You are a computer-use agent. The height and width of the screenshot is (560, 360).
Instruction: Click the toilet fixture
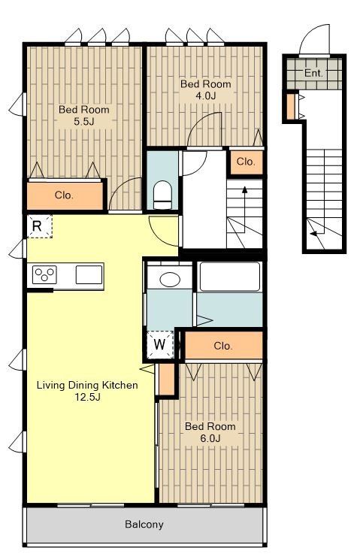click(x=162, y=195)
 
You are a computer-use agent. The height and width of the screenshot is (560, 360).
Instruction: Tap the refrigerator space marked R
click(x=39, y=226)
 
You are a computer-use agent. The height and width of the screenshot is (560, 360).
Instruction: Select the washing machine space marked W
click(x=160, y=344)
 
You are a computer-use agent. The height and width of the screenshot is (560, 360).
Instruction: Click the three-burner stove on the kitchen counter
click(x=44, y=275)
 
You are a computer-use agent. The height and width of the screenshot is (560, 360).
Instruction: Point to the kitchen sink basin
click(x=89, y=275)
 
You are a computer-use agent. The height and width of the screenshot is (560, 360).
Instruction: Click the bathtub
click(x=230, y=277)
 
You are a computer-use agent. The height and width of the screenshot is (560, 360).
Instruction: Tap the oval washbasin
click(x=170, y=280)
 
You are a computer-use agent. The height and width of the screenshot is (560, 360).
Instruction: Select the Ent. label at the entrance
click(x=313, y=73)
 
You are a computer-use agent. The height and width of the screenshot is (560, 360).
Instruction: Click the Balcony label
click(x=144, y=524)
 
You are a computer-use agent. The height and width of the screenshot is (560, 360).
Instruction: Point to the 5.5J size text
click(x=84, y=122)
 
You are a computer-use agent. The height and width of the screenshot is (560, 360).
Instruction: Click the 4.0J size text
click(x=205, y=95)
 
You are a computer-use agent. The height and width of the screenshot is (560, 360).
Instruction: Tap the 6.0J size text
click(x=210, y=438)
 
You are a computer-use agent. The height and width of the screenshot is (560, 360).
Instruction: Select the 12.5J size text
click(x=87, y=396)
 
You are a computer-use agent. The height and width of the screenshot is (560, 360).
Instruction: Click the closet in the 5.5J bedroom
click(x=65, y=195)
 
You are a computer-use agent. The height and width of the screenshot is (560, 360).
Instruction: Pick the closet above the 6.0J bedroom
click(x=223, y=346)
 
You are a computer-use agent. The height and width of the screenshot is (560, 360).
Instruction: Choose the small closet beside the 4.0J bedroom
click(x=246, y=162)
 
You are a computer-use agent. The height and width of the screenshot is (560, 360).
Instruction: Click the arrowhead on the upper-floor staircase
click(x=245, y=189)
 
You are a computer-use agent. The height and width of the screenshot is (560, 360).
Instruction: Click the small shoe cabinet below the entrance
click(x=291, y=107)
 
